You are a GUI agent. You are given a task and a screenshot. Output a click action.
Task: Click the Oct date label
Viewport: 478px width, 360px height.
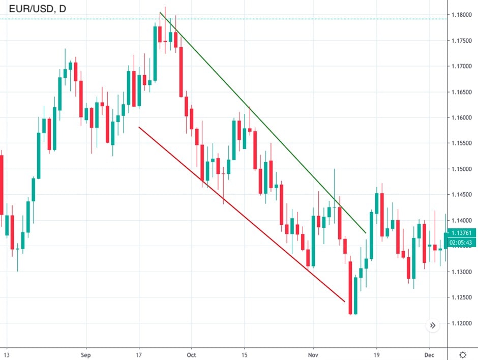(192, 354)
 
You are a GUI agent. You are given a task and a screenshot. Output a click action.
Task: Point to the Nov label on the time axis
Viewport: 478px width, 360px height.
(313, 354)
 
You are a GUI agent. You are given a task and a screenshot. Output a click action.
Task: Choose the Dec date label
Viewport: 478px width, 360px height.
(430, 354)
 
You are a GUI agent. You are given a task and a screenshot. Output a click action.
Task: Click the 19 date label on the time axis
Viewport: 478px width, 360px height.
(377, 354)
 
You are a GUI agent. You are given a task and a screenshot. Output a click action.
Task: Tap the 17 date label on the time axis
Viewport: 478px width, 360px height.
(139, 354)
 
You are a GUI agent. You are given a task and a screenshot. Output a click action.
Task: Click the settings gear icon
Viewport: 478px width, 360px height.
(463, 354)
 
